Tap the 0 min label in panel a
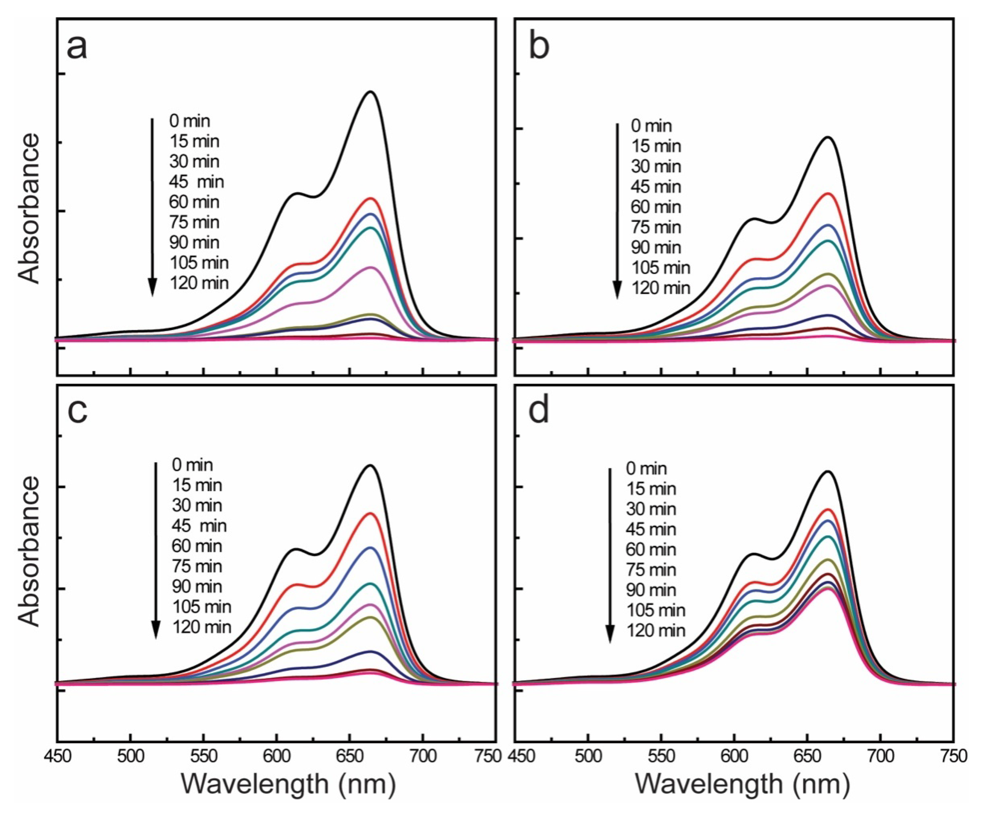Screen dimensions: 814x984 coord(190,121)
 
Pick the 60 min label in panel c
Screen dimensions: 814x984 coord(197,546)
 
